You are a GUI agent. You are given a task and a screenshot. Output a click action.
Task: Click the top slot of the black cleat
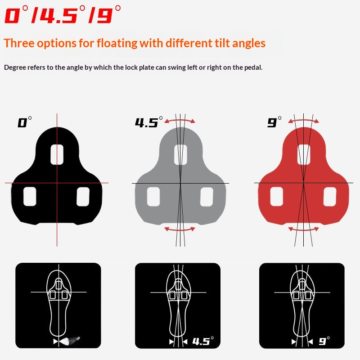coord(57,154)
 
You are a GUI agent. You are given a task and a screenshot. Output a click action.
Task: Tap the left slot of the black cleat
coord(30,197)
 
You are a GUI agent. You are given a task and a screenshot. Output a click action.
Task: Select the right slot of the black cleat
coord(83,197)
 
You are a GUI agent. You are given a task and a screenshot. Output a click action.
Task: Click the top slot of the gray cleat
coord(181,154)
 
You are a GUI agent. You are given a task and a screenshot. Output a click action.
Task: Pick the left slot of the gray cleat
coord(153,197)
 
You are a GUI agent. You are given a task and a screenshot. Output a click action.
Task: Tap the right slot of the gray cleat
coord(207,197)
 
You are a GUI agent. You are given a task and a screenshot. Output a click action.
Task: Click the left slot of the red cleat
coord(277,197)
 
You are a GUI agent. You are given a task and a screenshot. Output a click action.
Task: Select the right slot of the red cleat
coord(330,197)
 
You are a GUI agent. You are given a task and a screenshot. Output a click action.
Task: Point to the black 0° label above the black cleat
coord(25,122)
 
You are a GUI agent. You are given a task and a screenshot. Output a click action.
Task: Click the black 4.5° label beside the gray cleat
coord(149,122)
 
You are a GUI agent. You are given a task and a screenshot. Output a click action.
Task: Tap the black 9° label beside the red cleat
coord(274,122)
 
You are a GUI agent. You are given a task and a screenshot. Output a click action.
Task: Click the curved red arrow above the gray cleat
coord(180,120)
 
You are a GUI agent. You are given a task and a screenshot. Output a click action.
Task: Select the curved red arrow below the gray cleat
coord(180,229)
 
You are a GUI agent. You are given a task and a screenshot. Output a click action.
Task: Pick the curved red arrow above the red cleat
coord(303,120)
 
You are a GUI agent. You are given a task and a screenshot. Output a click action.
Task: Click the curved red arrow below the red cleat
coord(303,229)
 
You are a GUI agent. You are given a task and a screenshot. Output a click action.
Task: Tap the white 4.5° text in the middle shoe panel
coord(203,341)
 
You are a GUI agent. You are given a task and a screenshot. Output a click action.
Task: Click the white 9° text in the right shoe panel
coord(324,341)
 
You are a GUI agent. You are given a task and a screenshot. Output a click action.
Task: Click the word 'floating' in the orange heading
coord(117,43)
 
